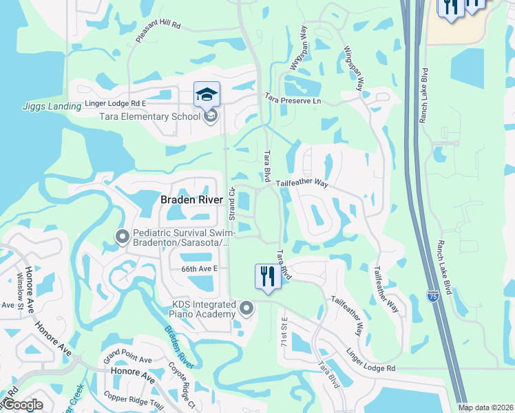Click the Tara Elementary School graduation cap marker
(x=206, y=95)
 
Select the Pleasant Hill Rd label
(x=158, y=32)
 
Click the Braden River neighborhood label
(x=191, y=200)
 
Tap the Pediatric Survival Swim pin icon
(x=123, y=237)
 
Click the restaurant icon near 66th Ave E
(x=266, y=277)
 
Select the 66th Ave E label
(x=199, y=269)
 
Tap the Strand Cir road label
(x=233, y=204)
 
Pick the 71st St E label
(x=283, y=332)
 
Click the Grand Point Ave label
(x=127, y=359)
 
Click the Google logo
(x=22, y=405)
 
